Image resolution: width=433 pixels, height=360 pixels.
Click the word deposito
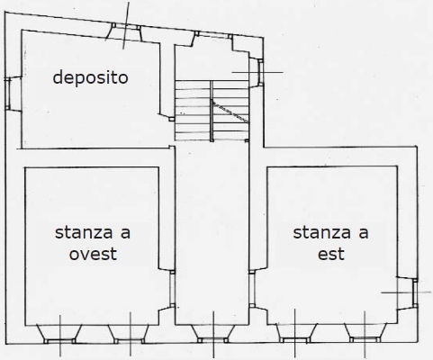[90, 77]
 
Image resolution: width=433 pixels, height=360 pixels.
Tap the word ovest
[93, 254]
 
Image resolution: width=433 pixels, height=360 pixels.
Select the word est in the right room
[331, 254]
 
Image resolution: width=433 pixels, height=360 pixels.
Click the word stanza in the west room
[84, 233]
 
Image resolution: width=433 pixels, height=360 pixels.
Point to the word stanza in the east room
[322, 233]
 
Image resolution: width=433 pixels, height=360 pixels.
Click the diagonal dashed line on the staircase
[230, 112]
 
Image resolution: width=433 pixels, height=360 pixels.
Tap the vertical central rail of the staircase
[212, 111]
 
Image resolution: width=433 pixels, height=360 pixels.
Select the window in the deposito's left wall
[8, 94]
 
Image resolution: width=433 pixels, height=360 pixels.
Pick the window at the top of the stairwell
[213, 35]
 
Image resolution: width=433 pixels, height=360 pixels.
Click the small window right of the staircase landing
[260, 72]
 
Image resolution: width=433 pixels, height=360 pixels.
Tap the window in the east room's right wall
[415, 293]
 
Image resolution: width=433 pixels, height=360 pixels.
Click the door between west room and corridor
[172, 289]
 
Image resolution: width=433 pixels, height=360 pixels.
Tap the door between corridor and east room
[252, 289]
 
